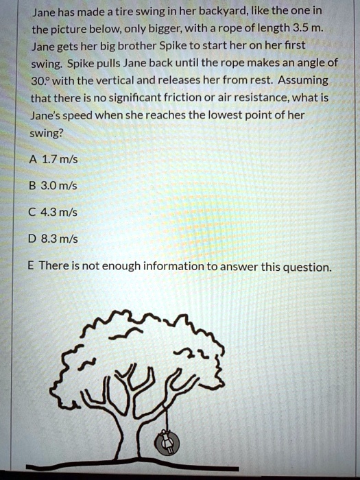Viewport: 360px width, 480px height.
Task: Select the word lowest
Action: coord(210,116)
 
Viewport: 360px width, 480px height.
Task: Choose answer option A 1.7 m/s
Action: coord(54,160)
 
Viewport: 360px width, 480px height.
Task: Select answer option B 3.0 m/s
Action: coord(55,187)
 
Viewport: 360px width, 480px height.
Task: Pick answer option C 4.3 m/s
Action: coord(55,213)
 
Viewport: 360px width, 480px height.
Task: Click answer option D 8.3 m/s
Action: coord(55,239)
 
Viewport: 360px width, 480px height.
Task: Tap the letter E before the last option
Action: coord(34,266)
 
